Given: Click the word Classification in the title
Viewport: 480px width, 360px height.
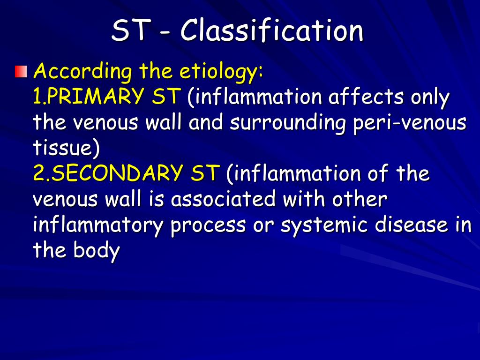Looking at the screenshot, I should pos(272,31).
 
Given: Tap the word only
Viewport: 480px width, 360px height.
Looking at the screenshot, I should pos(430,97).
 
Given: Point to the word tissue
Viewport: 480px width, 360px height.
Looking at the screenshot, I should pos(66,149).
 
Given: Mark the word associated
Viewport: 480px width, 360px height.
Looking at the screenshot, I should pos(223,200).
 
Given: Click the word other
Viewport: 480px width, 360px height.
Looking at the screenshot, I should pos(360,200).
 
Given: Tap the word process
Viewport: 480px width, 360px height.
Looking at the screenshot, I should pos(208,225).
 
